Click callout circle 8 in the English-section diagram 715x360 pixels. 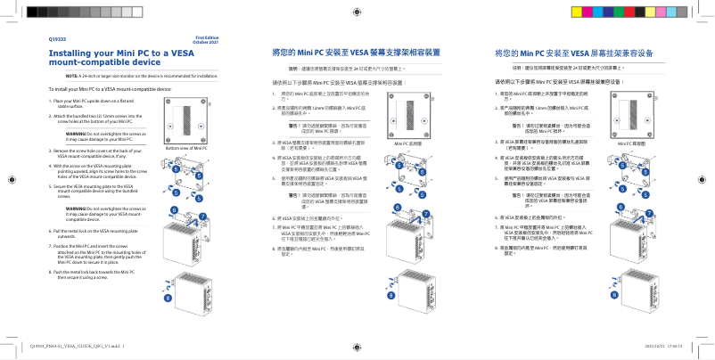(x=166, y=297)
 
